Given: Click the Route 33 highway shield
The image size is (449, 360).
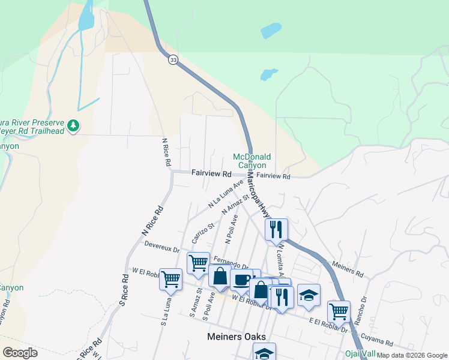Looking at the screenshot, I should tap(173, 59).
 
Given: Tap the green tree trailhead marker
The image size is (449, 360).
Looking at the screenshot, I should tap(73, 125).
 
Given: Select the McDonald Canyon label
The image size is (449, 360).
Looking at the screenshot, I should tap(252, 161).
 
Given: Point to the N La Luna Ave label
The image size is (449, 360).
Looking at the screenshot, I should tap(226, 193).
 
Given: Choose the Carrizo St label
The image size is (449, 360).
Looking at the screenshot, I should tap(203, 233).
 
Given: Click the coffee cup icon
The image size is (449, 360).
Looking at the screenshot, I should tap(242, 280).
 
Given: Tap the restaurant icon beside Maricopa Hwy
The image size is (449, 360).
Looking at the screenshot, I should tap(276, 228).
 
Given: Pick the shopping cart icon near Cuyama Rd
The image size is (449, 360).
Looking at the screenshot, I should tap(339, 311).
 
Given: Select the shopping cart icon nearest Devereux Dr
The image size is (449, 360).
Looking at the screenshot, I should tap(198, 262).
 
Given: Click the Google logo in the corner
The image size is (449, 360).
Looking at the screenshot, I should tap(20, 353).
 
